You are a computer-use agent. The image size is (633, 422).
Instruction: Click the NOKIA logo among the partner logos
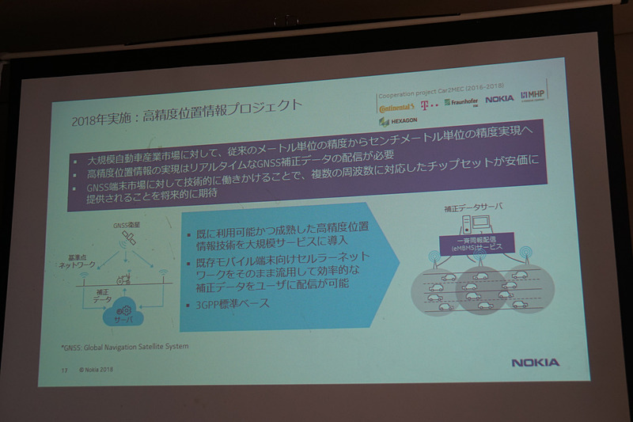pos(499,99)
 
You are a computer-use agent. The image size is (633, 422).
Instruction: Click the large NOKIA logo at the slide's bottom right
pos(535,363)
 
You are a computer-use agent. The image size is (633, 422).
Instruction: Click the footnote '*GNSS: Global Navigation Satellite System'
pos(125,347)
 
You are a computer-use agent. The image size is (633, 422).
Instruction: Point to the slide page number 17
pos(64,369)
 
